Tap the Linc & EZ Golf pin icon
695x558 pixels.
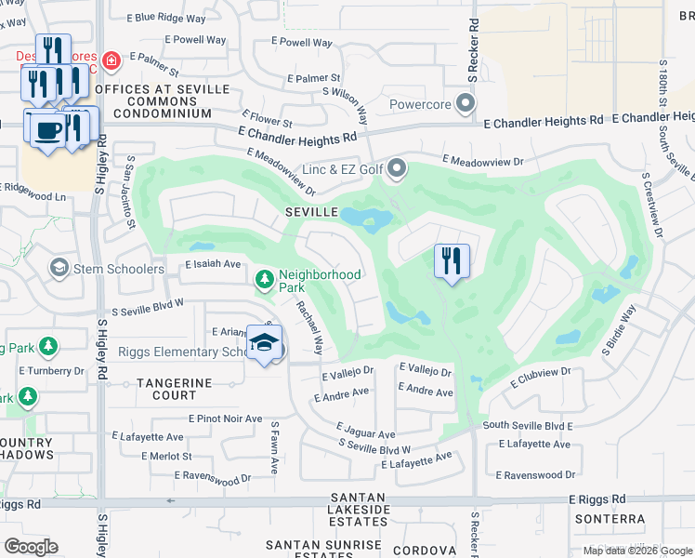pyautogui.click(x=397, y=169)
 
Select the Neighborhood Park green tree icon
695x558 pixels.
pyautogui.click(x=266, y=278)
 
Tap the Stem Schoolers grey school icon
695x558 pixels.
pyautogui.click(x=59, y=269)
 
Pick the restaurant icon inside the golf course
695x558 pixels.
pyautogui.click(x=452, y=259)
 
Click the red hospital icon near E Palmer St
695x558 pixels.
pyautogui.click(x=111, y=61)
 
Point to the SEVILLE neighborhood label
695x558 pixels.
pyautogui.click(x=310, y=212)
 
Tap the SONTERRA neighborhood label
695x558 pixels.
pyautogui.click(x=610, y=519)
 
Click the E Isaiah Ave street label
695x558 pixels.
pyautogui.click(x=213, y=264)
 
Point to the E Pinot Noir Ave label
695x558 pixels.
pyautogui.click(x=225, y=419)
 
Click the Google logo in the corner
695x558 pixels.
pyautogui.click(x=31, y=546)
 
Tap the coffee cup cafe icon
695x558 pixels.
pyautogui.click(x=47, y=128)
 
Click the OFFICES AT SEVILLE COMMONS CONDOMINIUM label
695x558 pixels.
pyautogui.click(x=161, y=100)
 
